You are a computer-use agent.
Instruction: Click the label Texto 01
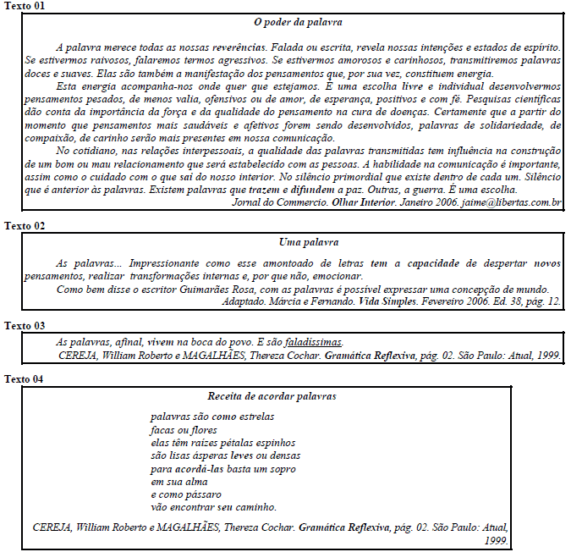(x=25, y=6)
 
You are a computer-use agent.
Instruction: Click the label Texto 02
(x=25, y=225)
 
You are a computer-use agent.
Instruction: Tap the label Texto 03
(x=25, y=325)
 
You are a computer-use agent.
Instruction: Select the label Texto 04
(x=25, y=378)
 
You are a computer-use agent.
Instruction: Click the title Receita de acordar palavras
(x=272, y=395)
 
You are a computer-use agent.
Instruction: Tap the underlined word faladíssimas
(x=314, y=342)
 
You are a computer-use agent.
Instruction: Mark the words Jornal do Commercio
(x=272, y=202)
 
